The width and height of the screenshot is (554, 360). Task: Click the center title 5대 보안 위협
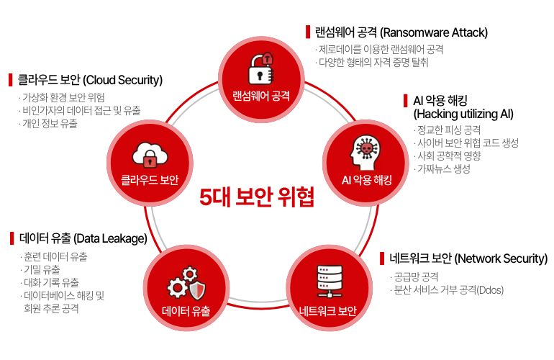[257, 196]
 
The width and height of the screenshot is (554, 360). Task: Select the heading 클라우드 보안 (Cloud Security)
[90, 79]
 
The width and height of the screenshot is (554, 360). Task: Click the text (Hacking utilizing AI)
[463, 114]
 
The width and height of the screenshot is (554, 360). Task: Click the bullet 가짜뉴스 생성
[444, 169]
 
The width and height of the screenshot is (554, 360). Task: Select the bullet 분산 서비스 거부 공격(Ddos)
[448, 290]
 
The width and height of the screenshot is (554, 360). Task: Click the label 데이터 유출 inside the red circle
[186, 311]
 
